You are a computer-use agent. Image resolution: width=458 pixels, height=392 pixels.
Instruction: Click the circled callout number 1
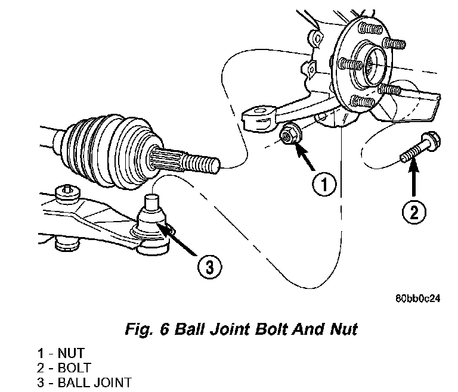click(324, 184)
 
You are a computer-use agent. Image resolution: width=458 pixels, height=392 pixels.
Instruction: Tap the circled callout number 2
click(414, 212)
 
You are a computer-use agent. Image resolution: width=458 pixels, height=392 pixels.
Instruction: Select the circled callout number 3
click(209, 267)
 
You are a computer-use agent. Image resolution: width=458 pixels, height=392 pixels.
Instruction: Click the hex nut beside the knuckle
click(289, 134)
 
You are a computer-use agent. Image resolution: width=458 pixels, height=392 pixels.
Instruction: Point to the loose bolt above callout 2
click(420, 147)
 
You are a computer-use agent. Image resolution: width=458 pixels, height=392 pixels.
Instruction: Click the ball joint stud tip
click(152, 201)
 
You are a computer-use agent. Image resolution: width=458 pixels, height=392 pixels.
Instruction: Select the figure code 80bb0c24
click(417, 298)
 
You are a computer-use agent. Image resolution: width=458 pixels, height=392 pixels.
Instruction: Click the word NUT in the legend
click(71, 353)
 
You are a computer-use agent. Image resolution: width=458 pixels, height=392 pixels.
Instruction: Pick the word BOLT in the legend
click(75, 368)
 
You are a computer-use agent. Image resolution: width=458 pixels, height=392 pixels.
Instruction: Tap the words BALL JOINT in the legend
click(95, 382)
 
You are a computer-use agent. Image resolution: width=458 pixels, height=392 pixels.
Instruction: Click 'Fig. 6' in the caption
click(147, 329)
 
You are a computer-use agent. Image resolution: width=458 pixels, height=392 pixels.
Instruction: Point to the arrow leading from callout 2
click(413, 178)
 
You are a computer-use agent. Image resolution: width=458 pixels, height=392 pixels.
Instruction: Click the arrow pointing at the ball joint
click(177, 239)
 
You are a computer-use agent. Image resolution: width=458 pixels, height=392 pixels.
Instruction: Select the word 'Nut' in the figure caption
click(343, 329)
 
